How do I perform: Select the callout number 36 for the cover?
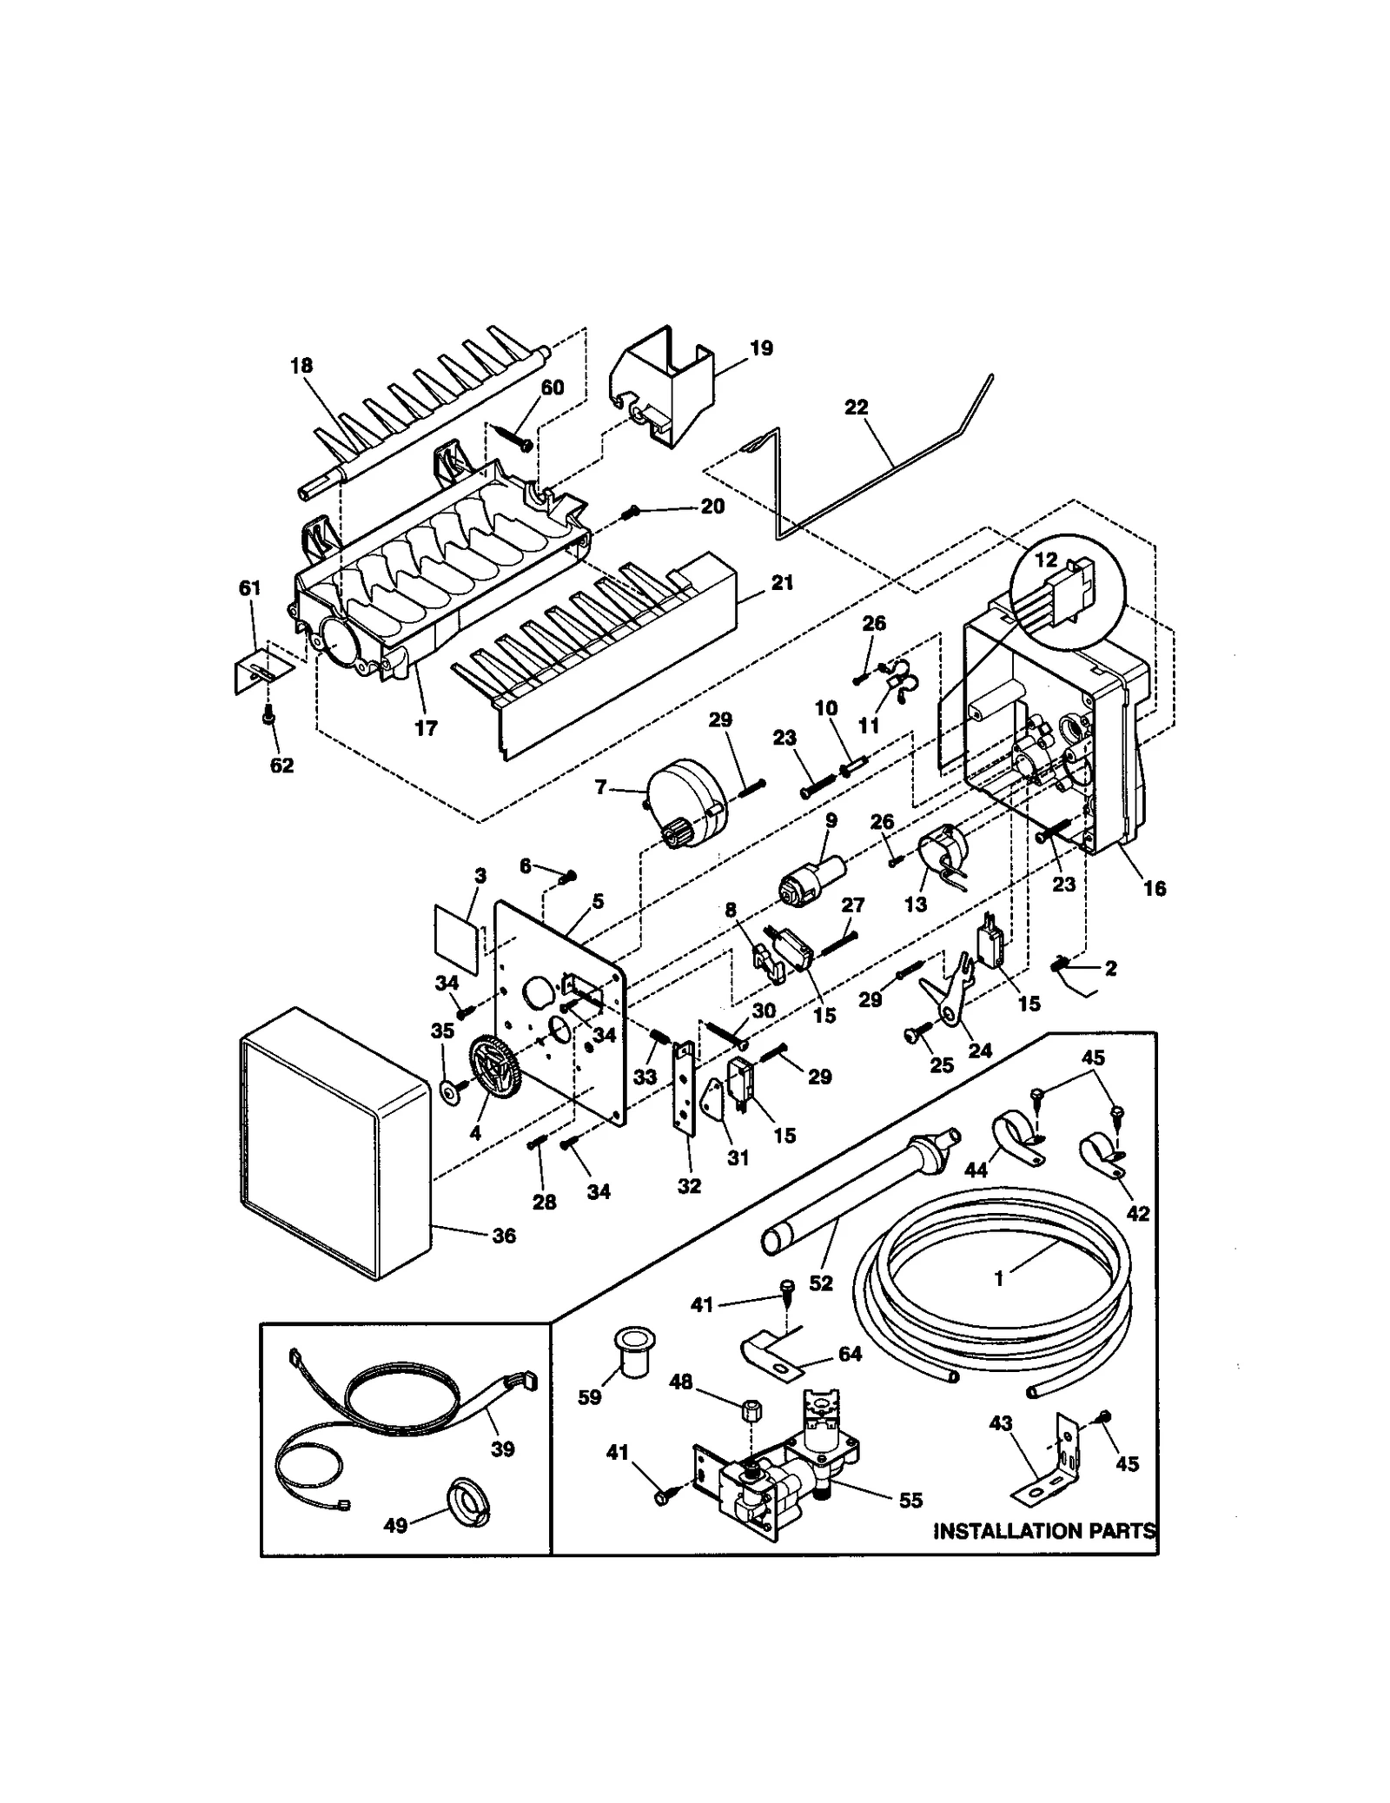(x=504, y=1236)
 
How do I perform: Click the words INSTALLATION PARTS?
(x=1043, y=1530)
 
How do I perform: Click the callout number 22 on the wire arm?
(x=856, y=408)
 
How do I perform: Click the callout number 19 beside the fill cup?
(x=761, y=348)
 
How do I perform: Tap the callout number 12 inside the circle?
(x=1045, y=560)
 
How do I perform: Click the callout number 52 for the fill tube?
(x=820, y=1283)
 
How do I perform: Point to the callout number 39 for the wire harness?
(x=502, y=1448)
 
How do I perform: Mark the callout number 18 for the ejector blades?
(x=301, y=366)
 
